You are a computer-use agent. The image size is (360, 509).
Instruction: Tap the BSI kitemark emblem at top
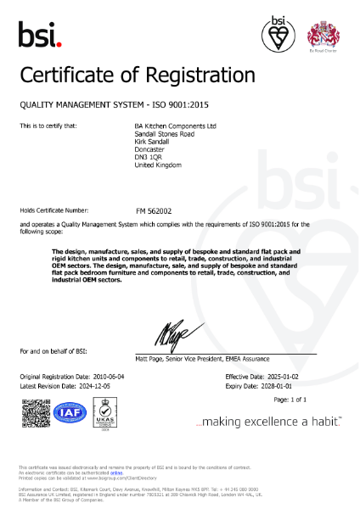(278, 34)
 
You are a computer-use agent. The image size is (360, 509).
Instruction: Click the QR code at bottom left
(36, 413)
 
